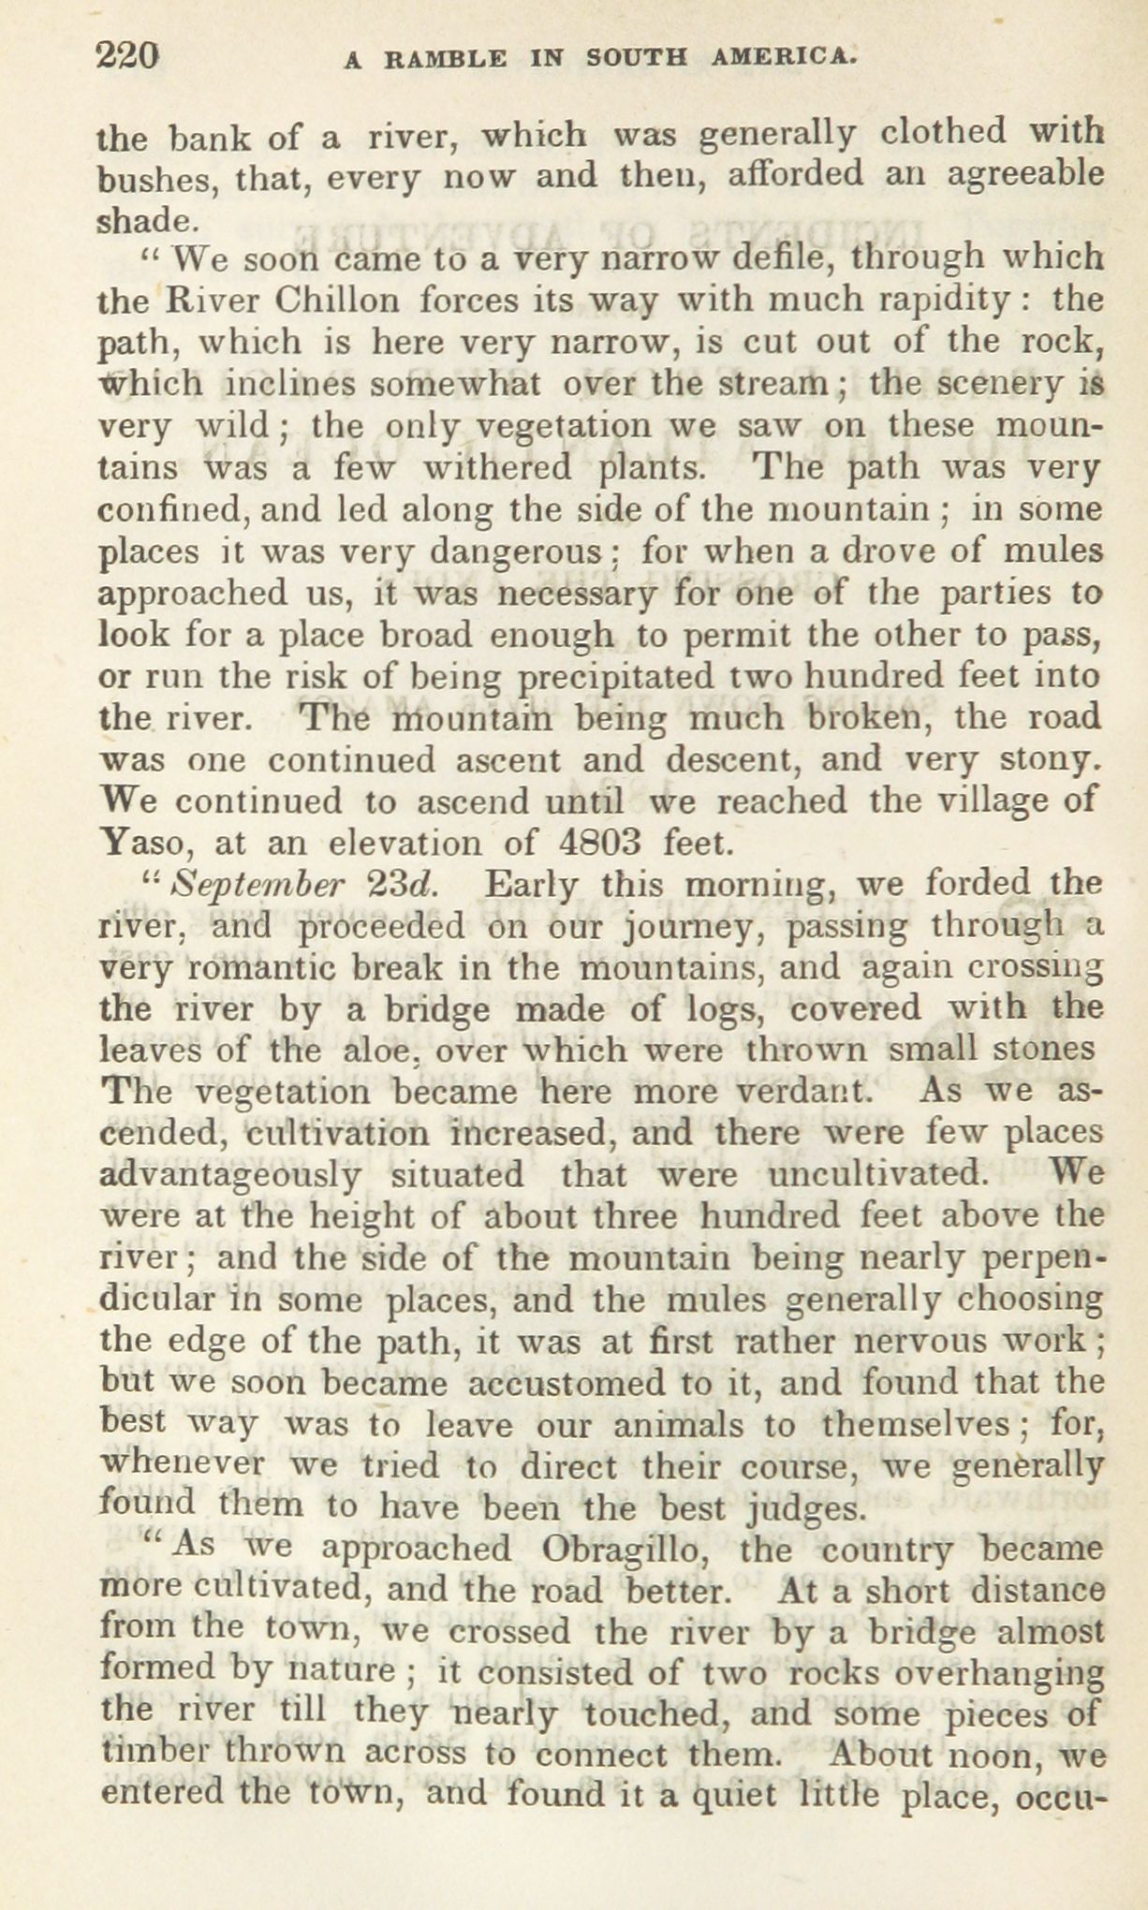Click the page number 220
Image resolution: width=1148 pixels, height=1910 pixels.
point(128,57)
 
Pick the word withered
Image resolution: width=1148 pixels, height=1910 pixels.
point(495,466)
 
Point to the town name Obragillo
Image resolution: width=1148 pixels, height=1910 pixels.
point(624,1549)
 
